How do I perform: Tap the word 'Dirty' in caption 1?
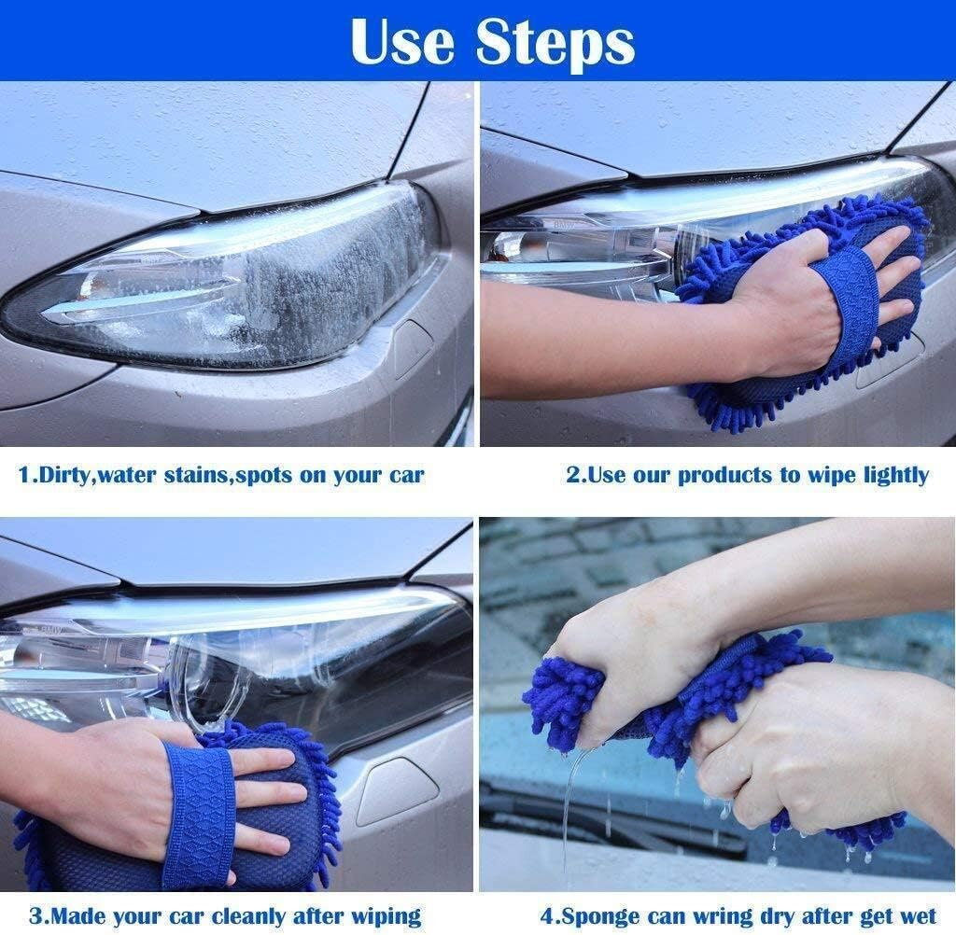pyautogui.click(x=63, y=475)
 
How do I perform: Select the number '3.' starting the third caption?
pyautogui.click(x=36, y=915)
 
